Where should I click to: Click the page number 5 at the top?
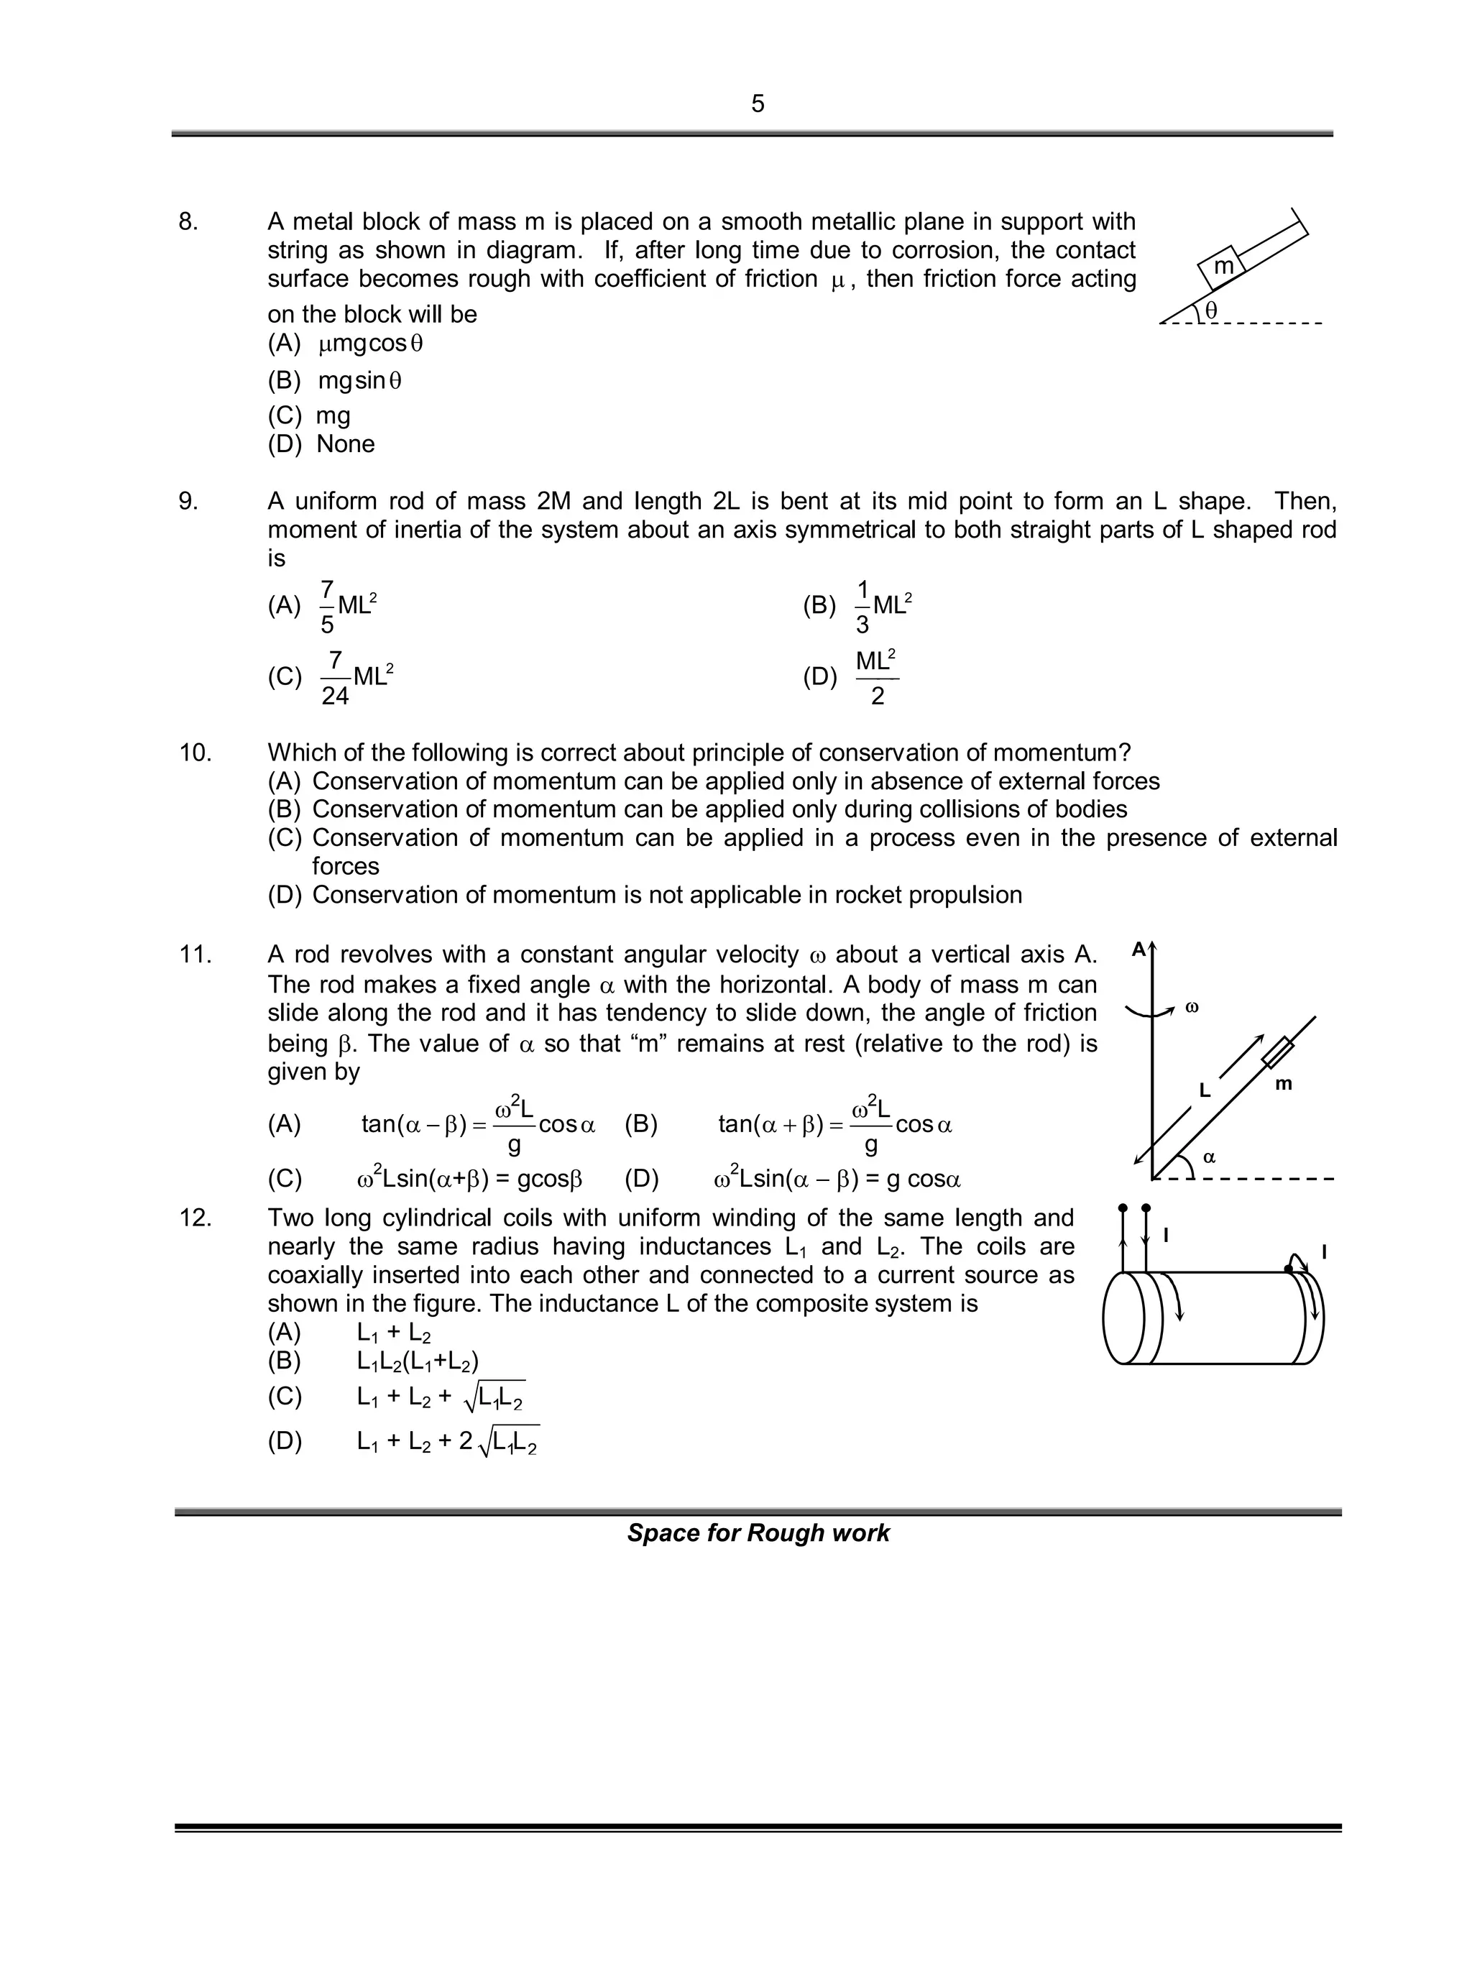[757, 104]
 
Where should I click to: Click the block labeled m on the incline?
[1222, 266]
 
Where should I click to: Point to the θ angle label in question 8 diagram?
[1212, 310]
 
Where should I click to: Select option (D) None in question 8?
[321, 443]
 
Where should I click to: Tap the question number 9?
[188, 502]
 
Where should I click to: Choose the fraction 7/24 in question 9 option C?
[334, 678]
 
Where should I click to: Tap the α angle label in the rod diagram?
[1208, 1157]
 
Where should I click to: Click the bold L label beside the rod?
[1204, 1090]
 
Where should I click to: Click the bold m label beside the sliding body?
[1283, 1083]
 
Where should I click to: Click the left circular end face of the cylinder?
[1121, 1317]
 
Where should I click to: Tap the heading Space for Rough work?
[757, 1533]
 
